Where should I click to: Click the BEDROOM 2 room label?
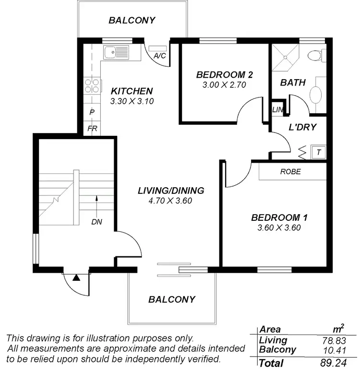coord(225,75)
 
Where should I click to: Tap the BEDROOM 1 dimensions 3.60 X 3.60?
coord(279,228)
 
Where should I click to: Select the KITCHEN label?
coord(132,91)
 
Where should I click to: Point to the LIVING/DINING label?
coord(170,191)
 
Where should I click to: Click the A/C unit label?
coord(159,56)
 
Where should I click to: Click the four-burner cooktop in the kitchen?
coord(92,85)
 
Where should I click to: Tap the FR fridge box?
coord(92,129)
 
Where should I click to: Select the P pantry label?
coord(92,112)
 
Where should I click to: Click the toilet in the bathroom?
coord(315,57)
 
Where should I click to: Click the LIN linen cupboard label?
coord(278,109)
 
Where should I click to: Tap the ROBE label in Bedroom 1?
coord(290,171)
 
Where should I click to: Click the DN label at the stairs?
coord(96,222)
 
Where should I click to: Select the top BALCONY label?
coord(132,21)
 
